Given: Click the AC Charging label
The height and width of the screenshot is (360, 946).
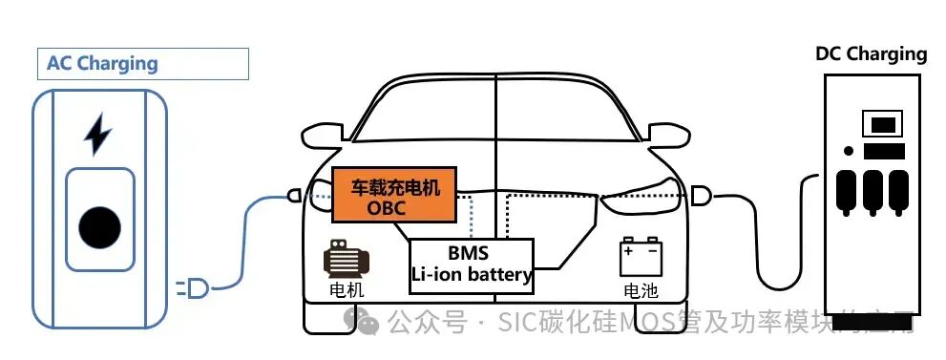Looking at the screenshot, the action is click(102, 64).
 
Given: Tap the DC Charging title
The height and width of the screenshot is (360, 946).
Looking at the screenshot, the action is click(871, 53).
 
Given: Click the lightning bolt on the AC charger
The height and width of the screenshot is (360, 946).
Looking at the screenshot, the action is click(97, 135).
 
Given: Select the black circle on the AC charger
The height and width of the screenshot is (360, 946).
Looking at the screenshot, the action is click(99, 226).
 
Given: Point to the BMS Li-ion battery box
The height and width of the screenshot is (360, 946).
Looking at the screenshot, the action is click(471, 265).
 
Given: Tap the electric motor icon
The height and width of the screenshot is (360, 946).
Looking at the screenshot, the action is click(346, 259).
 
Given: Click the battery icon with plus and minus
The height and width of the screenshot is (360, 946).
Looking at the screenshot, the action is click(641, 259).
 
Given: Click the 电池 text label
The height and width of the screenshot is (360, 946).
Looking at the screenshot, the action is click(641, 290).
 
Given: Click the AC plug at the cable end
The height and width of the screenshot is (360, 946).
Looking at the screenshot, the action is click(199, 287).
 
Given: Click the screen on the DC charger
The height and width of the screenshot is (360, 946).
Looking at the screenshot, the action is click(883, 124).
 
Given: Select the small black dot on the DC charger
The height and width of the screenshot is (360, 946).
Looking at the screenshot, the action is click(849, 151).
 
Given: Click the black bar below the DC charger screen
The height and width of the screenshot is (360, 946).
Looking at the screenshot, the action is click(884, 151).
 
